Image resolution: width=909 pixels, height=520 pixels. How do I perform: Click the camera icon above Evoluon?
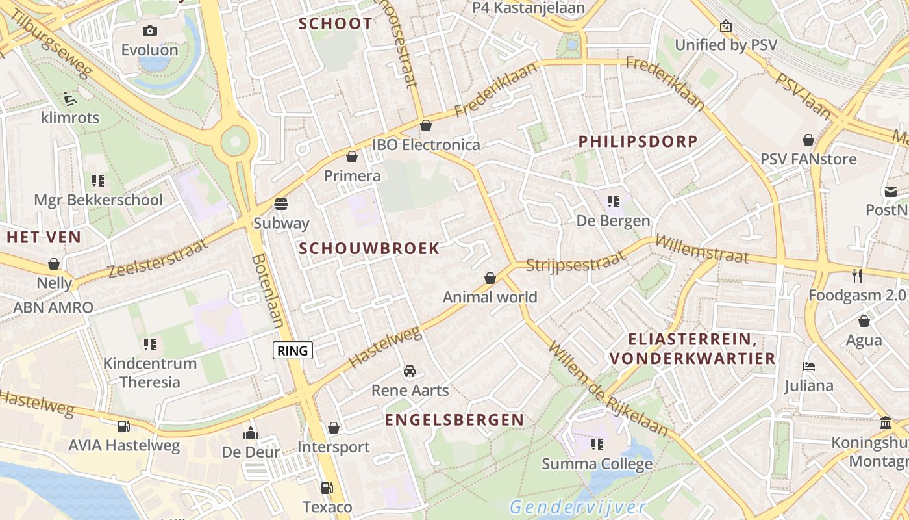150,31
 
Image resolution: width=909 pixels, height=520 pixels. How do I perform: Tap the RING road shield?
293,351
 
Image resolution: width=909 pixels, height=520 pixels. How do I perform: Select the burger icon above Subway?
281,203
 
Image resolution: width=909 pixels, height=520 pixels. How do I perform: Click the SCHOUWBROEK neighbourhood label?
369,248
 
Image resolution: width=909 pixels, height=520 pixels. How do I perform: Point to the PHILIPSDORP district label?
638,141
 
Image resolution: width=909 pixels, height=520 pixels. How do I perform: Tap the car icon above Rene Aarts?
410,371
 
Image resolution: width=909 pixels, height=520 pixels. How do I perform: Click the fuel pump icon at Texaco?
327,488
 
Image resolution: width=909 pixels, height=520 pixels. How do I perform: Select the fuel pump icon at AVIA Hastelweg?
123,426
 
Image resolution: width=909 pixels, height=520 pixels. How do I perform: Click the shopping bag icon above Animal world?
490,278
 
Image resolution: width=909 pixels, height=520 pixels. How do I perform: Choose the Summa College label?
597,464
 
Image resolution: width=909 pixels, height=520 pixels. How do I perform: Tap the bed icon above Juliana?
808,367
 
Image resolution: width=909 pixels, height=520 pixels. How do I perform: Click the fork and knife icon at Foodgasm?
857,276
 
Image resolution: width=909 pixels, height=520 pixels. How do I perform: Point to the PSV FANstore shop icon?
808,140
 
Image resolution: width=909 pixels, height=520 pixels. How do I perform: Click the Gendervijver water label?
577,507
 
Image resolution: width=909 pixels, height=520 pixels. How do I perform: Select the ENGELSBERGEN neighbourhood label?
454,420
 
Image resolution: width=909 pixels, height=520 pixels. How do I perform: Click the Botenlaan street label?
268,291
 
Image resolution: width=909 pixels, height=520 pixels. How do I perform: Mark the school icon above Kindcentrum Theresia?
150,344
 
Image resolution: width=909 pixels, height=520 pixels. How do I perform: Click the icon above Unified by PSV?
725,27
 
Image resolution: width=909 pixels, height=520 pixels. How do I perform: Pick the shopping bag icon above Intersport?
333,428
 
